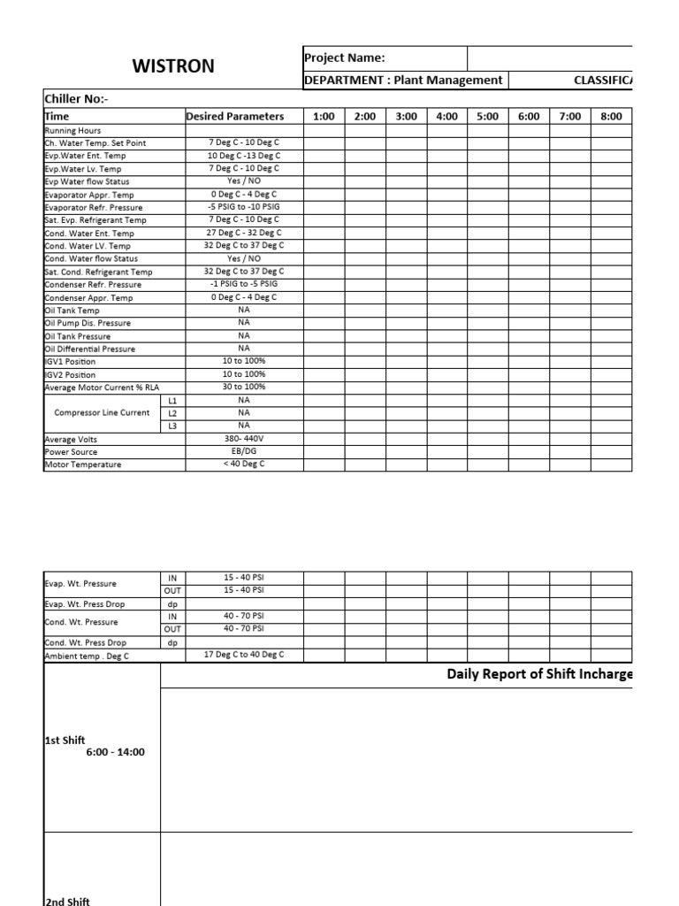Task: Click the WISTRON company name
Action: tap(173, 66)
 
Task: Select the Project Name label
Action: tap(344, 58)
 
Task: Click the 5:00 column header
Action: tap(487, 116)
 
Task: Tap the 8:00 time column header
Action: tap(611, 116)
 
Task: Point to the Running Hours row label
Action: tap(72, 130)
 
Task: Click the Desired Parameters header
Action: tap(234, 116)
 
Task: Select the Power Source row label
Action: tap(71, 451)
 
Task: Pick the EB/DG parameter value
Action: tap(244, 451)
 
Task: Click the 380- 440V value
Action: tap(244, 438)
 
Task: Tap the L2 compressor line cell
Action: tap(172, 412)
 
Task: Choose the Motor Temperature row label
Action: tap(82, 465)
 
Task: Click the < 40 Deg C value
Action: tap(244, 464)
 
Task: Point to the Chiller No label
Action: tap(75, 99)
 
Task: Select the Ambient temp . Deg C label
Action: tap(87, 656)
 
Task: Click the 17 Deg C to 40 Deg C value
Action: tap(244, 655)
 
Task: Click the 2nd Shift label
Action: tap(67, 901)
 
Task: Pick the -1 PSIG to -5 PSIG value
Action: tap(244, 284)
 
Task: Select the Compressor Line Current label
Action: tap(102, 412)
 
